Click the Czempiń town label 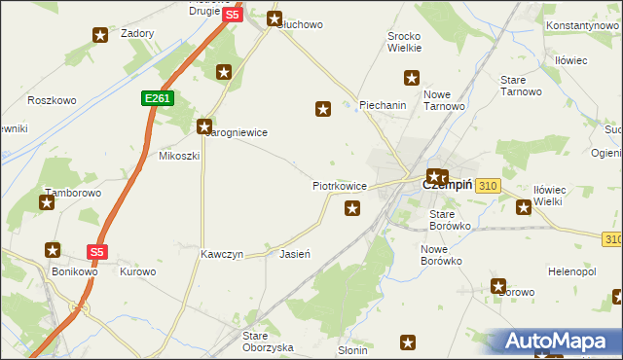click(447, 185)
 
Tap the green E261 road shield click(156, 98)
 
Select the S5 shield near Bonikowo click(96, 251)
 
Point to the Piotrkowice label click(339, 185)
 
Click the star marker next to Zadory click(101, 36)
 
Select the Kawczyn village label click(221, 254)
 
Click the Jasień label click(295, 254)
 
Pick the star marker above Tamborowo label click(47, 202)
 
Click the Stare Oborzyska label click(268, 341)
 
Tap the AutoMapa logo click(559, 342)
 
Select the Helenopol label click(572, 270)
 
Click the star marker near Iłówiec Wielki click(524, 206)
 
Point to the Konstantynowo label click(582, 23)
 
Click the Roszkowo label click(52, 100)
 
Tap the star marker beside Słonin click(408, 342)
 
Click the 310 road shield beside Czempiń click(489, 185)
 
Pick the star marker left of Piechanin click(323, 110)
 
